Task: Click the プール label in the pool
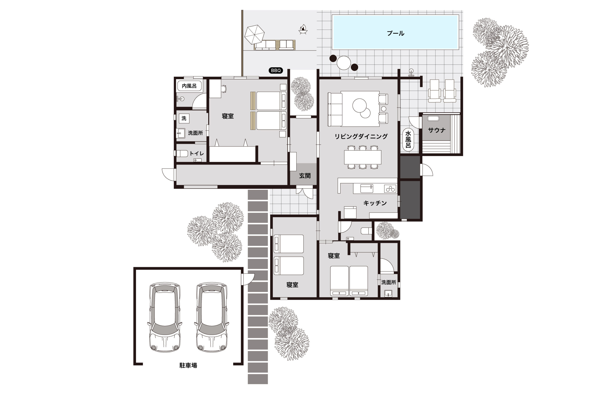click(395, 33)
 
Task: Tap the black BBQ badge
click(276, 71)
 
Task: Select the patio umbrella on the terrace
click(254, 34)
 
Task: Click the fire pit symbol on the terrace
click(303, 29)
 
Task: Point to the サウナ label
click(437, 130)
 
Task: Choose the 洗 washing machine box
click(184, 118)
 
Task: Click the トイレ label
click(197, 153)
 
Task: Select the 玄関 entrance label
click(305, 176)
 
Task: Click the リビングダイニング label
click(361, 136)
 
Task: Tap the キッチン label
click(375, 203)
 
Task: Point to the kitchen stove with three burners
click(390, 189)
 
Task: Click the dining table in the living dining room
click(363, 157)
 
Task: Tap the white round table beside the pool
click(344, 63)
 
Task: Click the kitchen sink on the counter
click(367, 188)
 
